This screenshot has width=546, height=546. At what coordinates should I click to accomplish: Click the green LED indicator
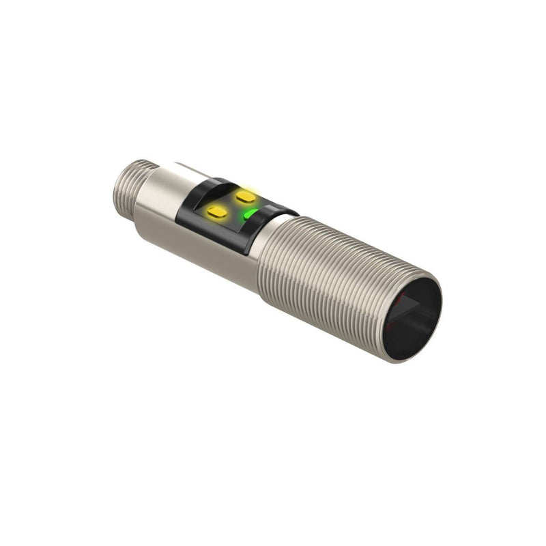point(251,216)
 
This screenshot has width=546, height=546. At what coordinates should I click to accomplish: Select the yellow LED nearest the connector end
point(217,212)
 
